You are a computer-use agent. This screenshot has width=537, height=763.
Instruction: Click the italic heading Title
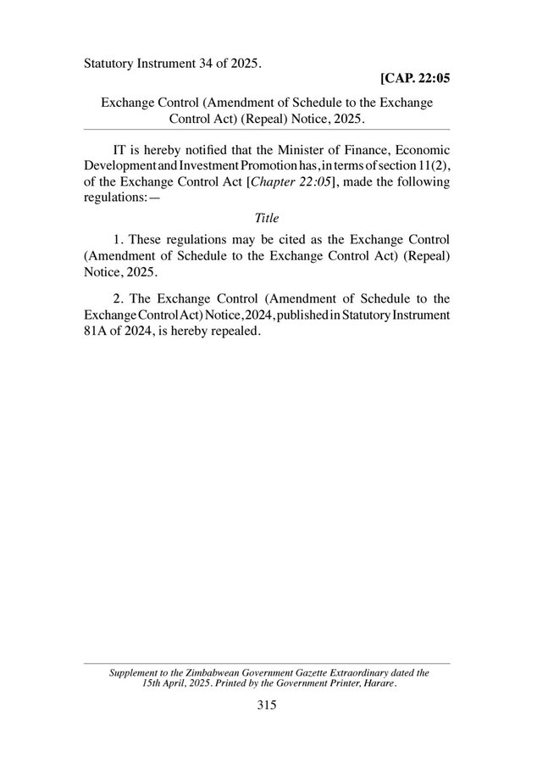pyautogui.click(x=267, y=217)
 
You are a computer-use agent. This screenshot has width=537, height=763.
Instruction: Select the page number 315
pyautogui.click(x=268, y=705)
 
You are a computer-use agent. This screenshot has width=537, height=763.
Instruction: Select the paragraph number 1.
pyautogui.click(x=117, y=239)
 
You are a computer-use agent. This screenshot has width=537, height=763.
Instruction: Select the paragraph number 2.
pyautogui.click(x=117, y=298)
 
